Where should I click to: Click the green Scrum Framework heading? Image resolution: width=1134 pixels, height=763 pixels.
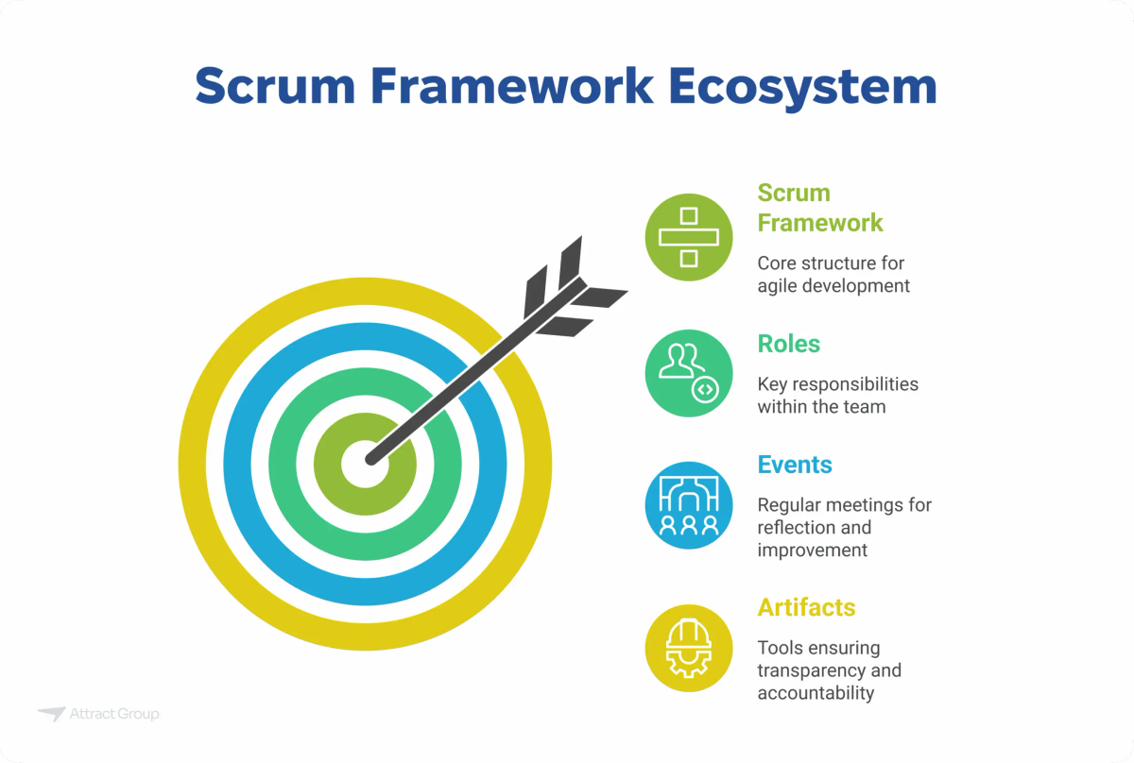(x=820, y=208)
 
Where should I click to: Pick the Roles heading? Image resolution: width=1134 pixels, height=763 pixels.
(x=789, y=344)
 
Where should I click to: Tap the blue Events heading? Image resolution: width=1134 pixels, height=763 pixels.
(x=795, y=465)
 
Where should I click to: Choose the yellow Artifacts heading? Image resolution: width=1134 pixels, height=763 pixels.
(x=806, y=607)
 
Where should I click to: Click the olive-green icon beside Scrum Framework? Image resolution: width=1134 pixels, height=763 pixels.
(x=689, y=237)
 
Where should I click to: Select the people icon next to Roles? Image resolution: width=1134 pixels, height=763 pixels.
(x=689, y=373)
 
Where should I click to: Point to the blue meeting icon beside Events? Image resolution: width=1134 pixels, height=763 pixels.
(x=689, y=505)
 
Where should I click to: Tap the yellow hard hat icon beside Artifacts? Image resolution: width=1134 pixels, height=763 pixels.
(x=689, y=648)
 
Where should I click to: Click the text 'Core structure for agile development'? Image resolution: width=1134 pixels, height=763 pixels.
(x=833, y=274)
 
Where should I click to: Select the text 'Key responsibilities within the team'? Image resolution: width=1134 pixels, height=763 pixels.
(x=837, y=396)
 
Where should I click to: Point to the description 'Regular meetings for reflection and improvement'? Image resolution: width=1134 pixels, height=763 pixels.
(x=844, y=528)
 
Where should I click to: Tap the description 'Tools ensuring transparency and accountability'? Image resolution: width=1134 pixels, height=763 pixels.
(x=829, y=670)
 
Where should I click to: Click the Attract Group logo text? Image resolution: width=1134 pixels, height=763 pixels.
(x=114, y=714)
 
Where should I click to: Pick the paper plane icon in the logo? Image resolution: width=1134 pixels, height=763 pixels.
(x=51, y=714)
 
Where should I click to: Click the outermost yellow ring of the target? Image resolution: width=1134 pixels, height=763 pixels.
(x=194, y=466)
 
